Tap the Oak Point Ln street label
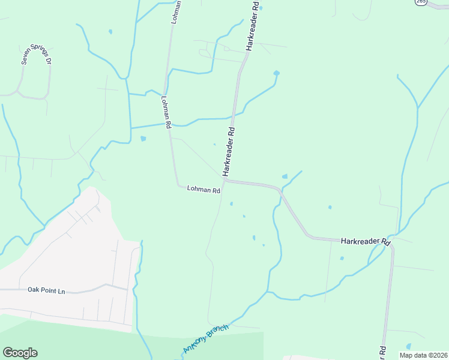click(46, 290)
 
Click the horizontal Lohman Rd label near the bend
click(203, 189)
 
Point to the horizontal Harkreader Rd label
click(365, 241)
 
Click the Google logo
click(20, 353)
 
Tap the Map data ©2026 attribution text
click(423, 355)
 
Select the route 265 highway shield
click(421, 2)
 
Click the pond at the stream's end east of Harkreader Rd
click(276, 73)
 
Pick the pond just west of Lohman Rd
click(143, 139)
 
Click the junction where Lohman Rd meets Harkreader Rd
click(225, 179)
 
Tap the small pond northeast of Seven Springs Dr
click(110, 31)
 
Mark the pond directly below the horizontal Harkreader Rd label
click(342, 259)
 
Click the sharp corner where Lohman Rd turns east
click(178, 185)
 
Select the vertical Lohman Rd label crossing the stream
click(166, 112)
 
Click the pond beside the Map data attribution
click(409, 347)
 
